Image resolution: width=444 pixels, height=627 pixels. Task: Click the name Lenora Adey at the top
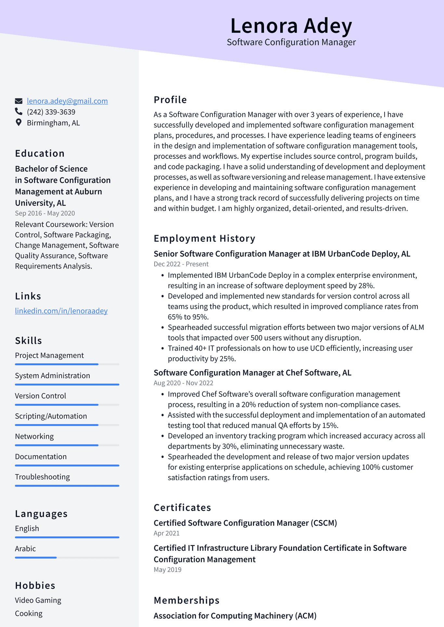pyautogui.click(x=291, y=26)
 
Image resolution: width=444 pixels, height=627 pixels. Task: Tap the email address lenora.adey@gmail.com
pyautogui.click(x=67, y=101)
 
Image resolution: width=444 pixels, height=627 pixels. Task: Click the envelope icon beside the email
pyautogui.click(x=19, y=101)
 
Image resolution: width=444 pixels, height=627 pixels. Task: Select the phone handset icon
pyautogui.click(x=19, y=112)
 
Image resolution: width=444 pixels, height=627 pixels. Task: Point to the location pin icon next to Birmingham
pyautogui.click(x=19, y=122)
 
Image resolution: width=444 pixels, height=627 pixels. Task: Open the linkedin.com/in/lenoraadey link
pyautogui.click(x=61, y=311)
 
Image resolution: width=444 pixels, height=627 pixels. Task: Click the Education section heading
pyautogui.click(x=40, y=153)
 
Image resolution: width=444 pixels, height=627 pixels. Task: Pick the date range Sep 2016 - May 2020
pyautogui.click(x=45, y=213)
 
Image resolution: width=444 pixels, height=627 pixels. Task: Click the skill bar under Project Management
pyautogui.click(x=67, y=364)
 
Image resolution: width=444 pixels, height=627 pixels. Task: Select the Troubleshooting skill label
pyautogui.click(x=42, y=477)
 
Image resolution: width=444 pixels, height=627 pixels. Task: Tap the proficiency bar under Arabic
pyautogui.click(x=67, y=558)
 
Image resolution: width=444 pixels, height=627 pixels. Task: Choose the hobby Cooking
pyautogui.click(x=29, y=613)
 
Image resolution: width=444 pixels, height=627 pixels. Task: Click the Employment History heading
pyautogui.click(x=204, y=238)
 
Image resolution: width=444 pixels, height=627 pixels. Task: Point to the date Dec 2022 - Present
pyautogui.click(x=181, y=264)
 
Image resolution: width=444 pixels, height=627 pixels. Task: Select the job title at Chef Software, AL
pyautogui.click(x=252, y=372)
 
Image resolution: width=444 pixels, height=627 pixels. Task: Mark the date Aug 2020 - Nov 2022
pyautogui.click(x=183, y=383)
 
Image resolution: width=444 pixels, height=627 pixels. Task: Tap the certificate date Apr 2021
pyautogui.click(x=166, y=533)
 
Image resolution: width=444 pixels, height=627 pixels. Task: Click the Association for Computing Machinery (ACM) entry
pyautogui.click(x=235, y=616)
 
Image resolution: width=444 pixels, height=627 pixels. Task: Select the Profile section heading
pyautogui.click(x=170, y=100)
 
